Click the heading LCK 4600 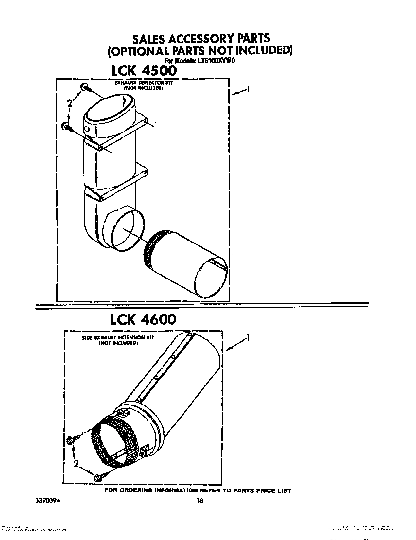(143, 319)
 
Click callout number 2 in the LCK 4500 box (69, 103)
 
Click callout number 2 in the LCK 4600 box (76, 464)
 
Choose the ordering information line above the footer (198, 490)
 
